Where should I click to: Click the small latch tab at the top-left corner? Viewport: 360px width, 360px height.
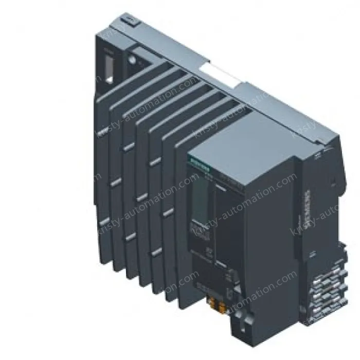click(129, 20)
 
